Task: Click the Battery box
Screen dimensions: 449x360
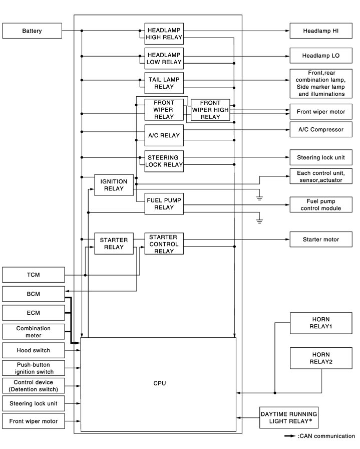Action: coord(32,31)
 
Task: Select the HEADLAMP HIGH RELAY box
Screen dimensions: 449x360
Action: coord(164,31)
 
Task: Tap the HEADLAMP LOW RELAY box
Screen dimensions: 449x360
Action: coord(164,58)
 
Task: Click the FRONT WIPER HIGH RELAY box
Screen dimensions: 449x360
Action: coord(210,110)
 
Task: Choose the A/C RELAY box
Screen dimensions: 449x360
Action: coord(164,135)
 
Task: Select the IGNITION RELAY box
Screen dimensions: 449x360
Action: coord(114,185)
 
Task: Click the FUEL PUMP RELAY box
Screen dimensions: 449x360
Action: coord(164,203)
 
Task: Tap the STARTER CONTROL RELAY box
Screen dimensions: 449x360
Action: coord(164,243)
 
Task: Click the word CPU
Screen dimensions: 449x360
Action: coord(159,383)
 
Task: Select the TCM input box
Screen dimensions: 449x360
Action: coord(34,275)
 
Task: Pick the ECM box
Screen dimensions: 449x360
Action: coord(34,313)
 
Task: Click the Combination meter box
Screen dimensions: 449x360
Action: coord(34,332)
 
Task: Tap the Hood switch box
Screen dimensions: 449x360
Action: coord(34,350)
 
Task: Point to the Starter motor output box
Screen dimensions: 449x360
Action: coord(320,240)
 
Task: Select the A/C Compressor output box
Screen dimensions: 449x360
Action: coord(320,129)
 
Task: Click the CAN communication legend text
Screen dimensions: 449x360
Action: coord(326,436)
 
